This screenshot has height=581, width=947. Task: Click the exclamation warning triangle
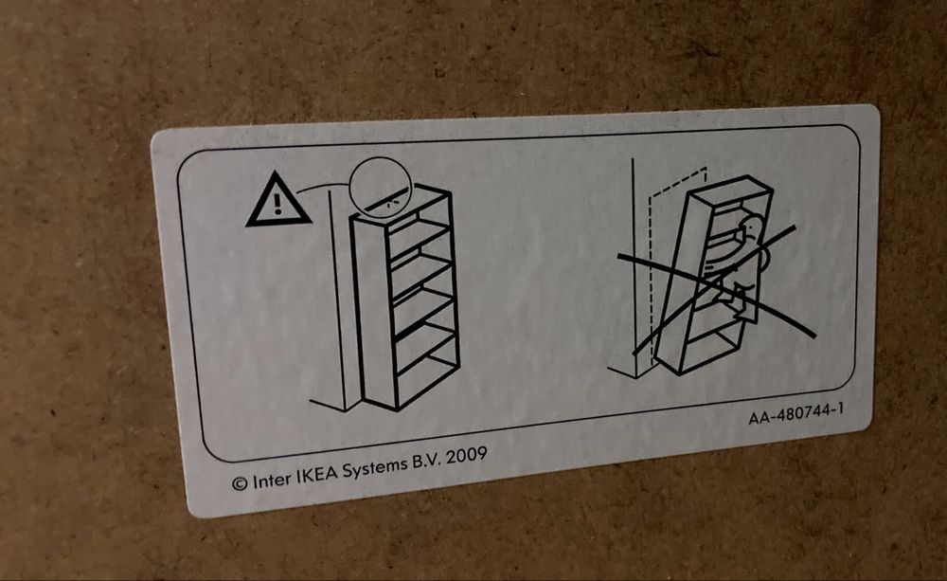[277, 202]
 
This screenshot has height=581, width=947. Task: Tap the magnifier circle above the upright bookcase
[384, 189]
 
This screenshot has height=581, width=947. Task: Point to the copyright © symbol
[240, 483]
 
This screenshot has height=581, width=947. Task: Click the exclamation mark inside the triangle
[277, 202]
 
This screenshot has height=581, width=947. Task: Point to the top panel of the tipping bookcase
[729, 190]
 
